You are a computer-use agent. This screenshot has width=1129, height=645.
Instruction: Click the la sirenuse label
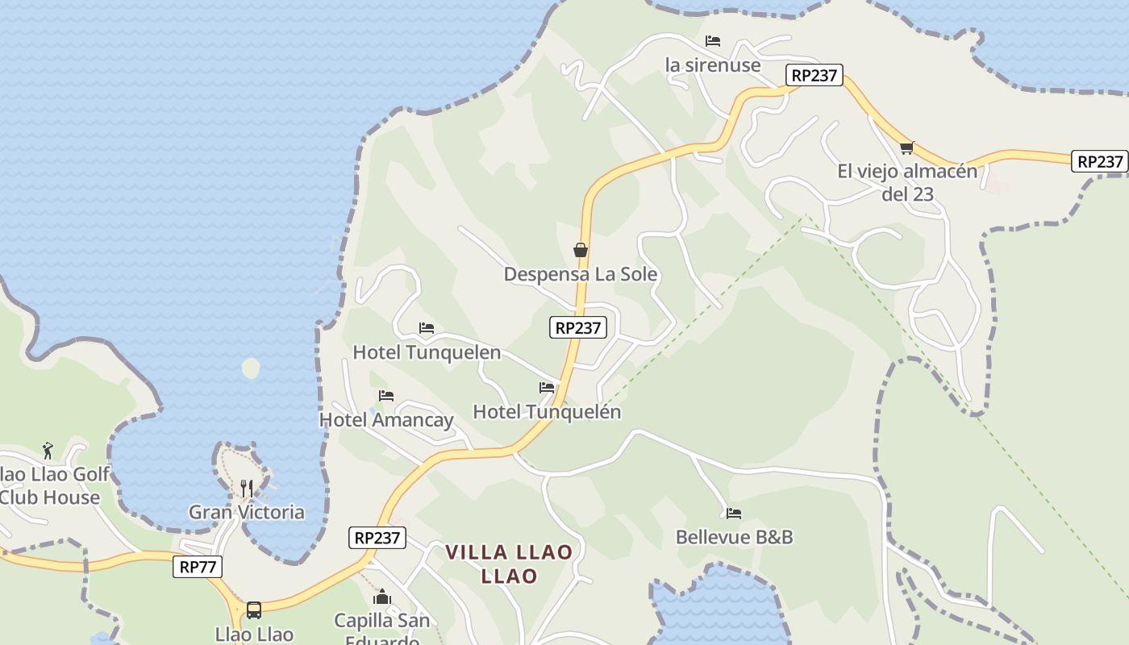click(x=713, y=65)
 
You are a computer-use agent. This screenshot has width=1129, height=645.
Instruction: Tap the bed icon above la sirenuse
click(x=712, y=41)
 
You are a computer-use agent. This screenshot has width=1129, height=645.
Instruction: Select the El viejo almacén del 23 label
click(x=907, y=182)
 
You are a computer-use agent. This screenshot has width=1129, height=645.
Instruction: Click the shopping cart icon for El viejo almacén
click(x=906, y=148)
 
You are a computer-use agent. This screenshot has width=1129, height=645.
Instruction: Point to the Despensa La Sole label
click(x=581, y=274)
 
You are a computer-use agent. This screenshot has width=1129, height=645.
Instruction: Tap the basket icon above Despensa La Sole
click(x=580, y=250)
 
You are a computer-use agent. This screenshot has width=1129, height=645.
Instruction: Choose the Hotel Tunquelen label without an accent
click(x=427, y=352)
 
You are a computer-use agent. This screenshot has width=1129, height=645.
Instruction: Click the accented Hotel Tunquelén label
click(x=547, y=412)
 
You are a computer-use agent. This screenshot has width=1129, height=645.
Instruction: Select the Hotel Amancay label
click(x=386, y=420)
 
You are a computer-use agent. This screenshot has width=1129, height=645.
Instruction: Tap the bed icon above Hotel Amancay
click(x=386, y=396)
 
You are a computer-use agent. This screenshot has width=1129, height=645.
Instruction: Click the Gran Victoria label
click(x=247, y=512)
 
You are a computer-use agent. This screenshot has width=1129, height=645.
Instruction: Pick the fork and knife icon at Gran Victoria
click(x=247, y=488)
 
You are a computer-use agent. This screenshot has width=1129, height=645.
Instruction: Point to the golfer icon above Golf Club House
click(x=48, y=450)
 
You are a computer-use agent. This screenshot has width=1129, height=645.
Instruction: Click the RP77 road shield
click(x=198, y=567)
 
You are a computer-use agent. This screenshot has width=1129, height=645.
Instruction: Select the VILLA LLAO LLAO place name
click(x=509, y=564)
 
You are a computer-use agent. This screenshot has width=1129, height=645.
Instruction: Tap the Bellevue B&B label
click(x=734, y=537)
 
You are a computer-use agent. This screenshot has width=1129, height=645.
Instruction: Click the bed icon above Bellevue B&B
click(x=733, y=513)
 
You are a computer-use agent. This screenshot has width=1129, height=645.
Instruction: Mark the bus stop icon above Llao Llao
click(x=254, y=610)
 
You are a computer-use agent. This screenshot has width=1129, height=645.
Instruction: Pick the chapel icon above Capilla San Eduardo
click(x=382, y=597)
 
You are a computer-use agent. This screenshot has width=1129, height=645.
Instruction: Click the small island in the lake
click(x=251, y=368)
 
